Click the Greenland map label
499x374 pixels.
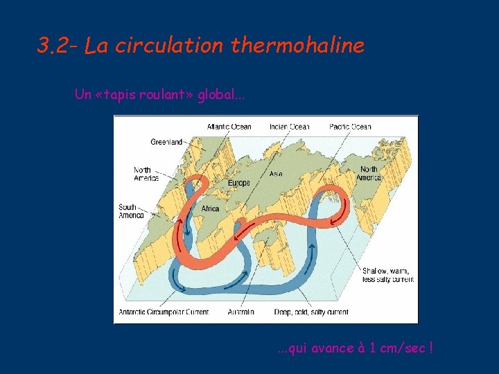tap(166, 142)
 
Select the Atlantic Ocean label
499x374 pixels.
tap(229, 127)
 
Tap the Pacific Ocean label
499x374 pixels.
tap(350, 127)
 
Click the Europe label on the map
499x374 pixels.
tap(239, 183)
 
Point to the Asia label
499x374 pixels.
tap(276, 174)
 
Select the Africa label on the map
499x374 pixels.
tap(210, 208)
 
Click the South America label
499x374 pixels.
tap(131, 211)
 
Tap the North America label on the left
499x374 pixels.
tap(146, 174)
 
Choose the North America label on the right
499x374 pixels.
tap(369, 173)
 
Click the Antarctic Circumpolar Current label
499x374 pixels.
tap(164, 312)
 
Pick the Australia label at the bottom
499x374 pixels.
tap(240, 312)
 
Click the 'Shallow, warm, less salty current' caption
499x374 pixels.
tap(387, 275)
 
